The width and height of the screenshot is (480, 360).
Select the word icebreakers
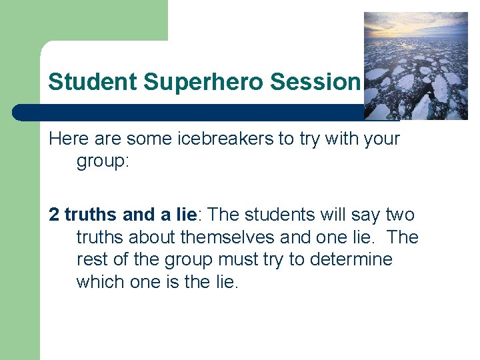point(244,139)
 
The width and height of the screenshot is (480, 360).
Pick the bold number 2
point(54,215)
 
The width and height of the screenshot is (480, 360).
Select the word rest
point(91,259)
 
